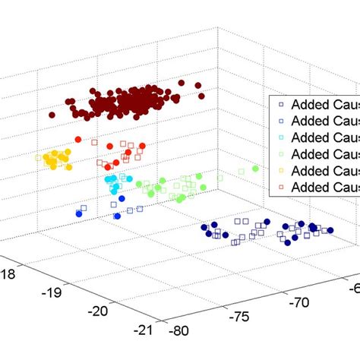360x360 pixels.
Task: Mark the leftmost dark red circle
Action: (52, 115)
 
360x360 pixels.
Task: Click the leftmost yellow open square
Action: (38, 157)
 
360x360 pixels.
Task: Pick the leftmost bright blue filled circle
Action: (79, 214)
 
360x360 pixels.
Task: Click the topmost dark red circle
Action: (182, 83)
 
